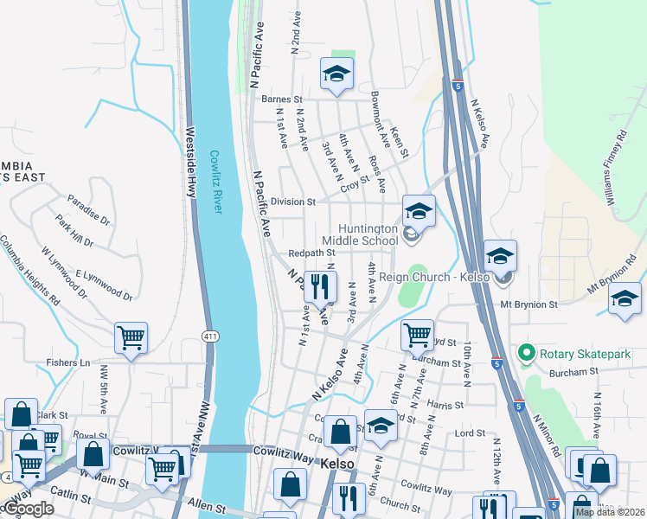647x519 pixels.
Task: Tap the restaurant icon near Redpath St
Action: click(320, 286)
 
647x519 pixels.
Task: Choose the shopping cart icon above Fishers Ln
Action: click(131, 337)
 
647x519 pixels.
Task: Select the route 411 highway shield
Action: click(208, 336)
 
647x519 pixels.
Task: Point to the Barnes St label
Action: click(280, 99)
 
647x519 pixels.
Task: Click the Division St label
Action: click(292, 202)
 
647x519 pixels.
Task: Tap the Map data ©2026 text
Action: click(609, 511)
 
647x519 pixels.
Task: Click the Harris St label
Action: click(445, 404)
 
